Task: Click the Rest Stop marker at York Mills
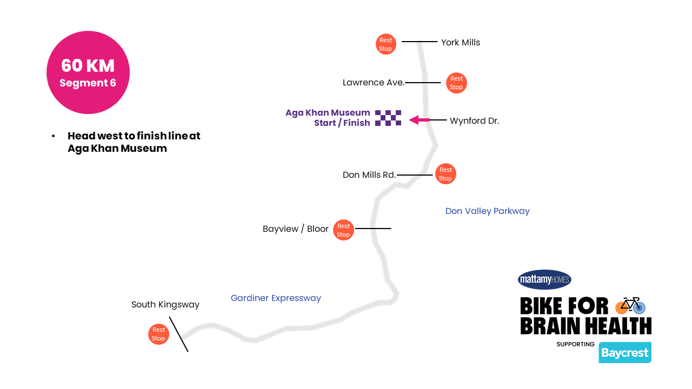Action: coord(385,44)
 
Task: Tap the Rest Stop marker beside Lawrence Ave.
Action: coord(456,83)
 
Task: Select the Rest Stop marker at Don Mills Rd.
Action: coord(445,174)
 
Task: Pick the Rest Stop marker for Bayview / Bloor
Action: coord(343,230)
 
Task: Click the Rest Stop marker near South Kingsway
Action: coord(158,334)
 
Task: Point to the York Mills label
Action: coord(460,42)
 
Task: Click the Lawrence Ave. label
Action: coord(374,83)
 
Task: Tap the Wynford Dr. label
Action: coord(474,121)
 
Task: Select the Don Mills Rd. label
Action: coord(369,175)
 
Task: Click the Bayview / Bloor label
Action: coord(295,229)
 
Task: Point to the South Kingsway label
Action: coord(165,305)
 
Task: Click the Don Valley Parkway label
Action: coord(487,211)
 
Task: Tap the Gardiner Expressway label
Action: coord(276,298)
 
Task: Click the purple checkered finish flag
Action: coord(388,118)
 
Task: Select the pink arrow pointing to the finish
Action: coord(420,120)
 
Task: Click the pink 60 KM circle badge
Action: coord(88,72)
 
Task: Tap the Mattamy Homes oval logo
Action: coord(544,280)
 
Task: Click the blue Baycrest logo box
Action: coord(624,353)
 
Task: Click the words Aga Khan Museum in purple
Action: coord(328,113)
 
